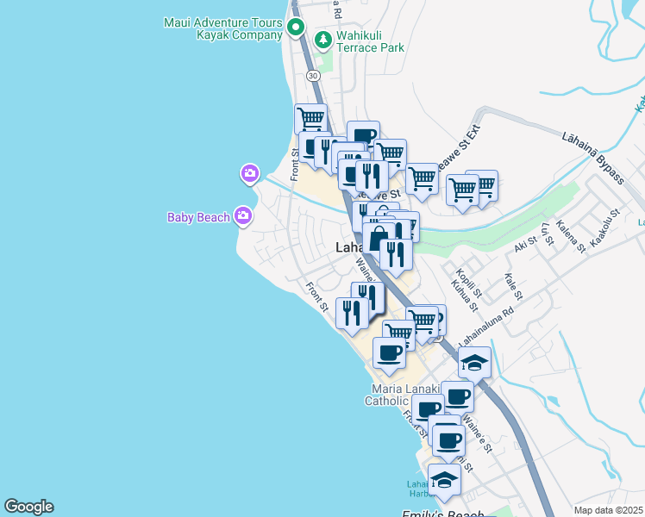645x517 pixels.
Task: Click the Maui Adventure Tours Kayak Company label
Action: coord(222,28)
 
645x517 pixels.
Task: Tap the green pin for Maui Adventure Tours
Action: coord(296,27)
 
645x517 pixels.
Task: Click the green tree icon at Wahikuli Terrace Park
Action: coord(323,39)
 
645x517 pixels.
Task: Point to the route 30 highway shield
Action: coord(311,75)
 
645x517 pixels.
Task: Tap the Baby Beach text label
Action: coord(198,217)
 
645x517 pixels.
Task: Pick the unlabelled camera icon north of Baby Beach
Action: coord(249,175)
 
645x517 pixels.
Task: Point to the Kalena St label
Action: coord(572,235)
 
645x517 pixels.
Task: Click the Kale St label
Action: coord(514,287)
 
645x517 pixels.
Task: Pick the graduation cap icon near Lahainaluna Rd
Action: coord(474,362)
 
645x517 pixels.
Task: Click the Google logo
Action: coord(28,507)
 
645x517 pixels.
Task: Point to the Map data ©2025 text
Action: coord(608,510)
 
